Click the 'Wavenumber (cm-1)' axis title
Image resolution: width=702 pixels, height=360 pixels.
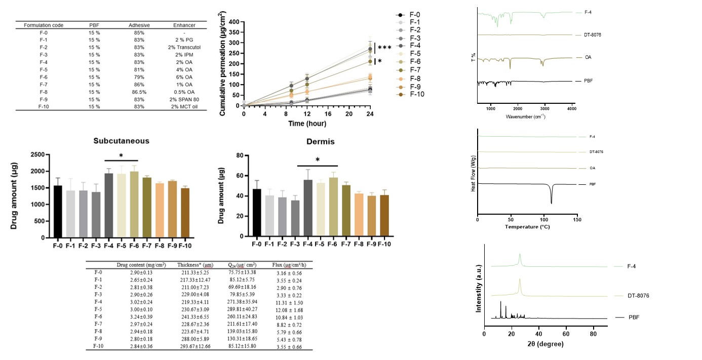(525, 116)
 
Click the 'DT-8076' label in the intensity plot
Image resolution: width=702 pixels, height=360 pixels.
(627, 295)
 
